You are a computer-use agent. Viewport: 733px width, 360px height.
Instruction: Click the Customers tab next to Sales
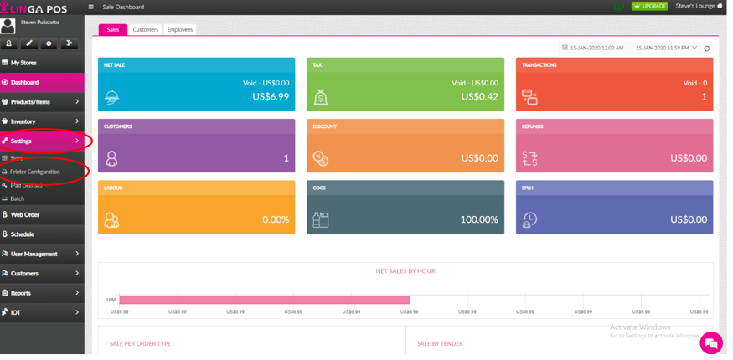click(x=145, y=30)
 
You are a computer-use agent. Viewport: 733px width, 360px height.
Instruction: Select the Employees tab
click(x=179, y=30)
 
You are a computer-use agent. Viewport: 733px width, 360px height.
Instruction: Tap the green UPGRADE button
click(x=650, y=7)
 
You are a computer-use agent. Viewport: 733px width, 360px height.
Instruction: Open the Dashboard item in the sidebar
click(x=25, y=82)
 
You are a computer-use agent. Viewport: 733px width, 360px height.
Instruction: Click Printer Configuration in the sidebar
click(x=35, y=172)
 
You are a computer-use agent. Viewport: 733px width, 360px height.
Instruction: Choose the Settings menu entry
click(x=22, y=141)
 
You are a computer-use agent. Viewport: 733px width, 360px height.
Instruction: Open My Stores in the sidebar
click(x=23, y=63)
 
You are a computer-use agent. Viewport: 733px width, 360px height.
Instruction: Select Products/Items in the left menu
click(x=30, y=102)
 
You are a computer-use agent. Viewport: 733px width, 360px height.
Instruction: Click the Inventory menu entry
click(x=23, y=121)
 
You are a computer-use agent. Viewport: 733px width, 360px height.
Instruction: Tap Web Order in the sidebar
click(x=25, y=215)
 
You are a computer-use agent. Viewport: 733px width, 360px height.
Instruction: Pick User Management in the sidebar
click(x=34, y=254)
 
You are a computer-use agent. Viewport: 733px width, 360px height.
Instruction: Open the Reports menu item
click(x=21, y=293)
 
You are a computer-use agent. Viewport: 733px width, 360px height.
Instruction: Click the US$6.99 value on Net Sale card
click(x=271, y=97)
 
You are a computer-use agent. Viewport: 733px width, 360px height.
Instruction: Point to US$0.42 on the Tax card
click(x=480, y=97)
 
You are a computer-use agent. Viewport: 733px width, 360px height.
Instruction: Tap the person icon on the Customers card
click(x=111, y=158)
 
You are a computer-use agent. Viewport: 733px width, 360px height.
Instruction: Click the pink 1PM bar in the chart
click(x=264, y=300)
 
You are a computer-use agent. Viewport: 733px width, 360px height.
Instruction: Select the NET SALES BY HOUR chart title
click(x=405, y=271)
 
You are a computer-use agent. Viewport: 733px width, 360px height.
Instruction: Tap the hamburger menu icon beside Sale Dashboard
click(x=91, y=7)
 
